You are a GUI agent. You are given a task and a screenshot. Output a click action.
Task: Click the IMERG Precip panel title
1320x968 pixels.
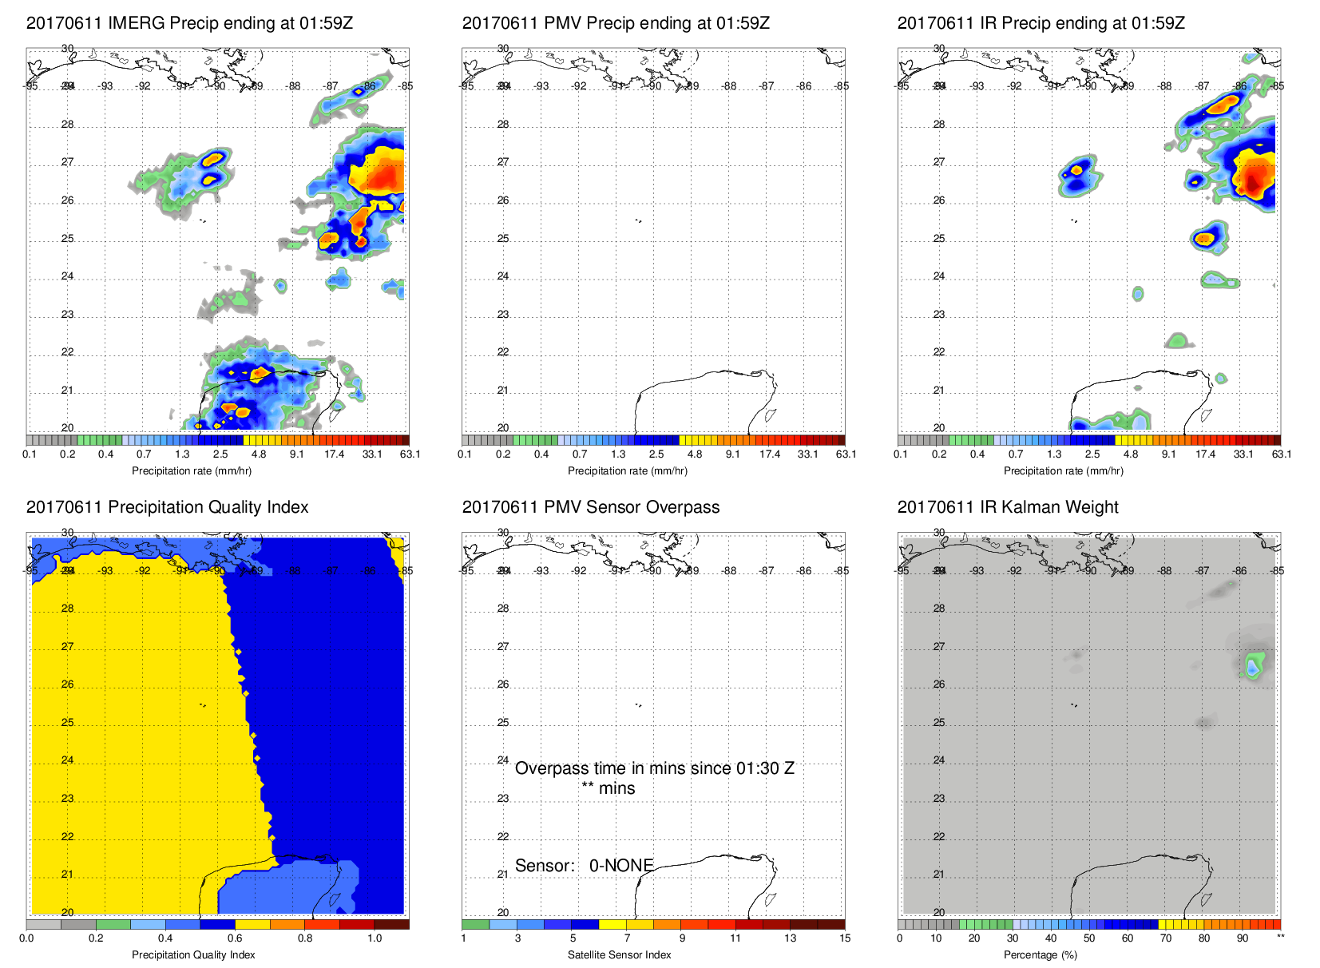point(189,23)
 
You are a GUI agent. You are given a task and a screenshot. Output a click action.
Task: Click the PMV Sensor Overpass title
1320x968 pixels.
point(590,507)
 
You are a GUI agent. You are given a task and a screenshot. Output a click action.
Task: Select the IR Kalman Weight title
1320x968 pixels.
point(1007,507)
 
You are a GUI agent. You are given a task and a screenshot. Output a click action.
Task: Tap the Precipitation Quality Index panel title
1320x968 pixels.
point(167,507)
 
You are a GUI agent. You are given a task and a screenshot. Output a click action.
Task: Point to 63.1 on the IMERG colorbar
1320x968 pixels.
point(410,454)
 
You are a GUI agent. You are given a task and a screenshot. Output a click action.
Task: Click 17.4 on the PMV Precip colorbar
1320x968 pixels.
point(769,454)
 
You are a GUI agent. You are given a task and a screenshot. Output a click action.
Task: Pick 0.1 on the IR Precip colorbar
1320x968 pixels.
point(901,454)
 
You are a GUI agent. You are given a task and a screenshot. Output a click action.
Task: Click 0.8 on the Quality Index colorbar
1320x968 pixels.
point(305,938)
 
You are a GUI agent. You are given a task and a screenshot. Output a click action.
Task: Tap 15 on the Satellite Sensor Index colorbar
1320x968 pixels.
point(845,938)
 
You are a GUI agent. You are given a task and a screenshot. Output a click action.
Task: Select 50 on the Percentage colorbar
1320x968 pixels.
point(1088,938)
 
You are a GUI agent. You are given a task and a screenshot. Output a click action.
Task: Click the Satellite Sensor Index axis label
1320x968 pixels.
point(619,955)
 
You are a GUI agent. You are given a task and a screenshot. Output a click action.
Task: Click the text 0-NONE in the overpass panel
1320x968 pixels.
point(621,866)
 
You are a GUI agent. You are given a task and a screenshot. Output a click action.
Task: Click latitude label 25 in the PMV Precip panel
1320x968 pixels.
point(503,239)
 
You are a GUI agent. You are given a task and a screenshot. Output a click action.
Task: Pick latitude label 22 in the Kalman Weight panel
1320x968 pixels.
point(939,837)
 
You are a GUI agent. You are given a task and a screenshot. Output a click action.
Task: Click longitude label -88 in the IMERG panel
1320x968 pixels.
point(294,86)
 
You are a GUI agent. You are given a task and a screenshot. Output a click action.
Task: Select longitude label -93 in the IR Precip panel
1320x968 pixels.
point(977,86)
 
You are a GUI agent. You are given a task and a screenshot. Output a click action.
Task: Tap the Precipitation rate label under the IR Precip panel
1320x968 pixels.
point(1063,471)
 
